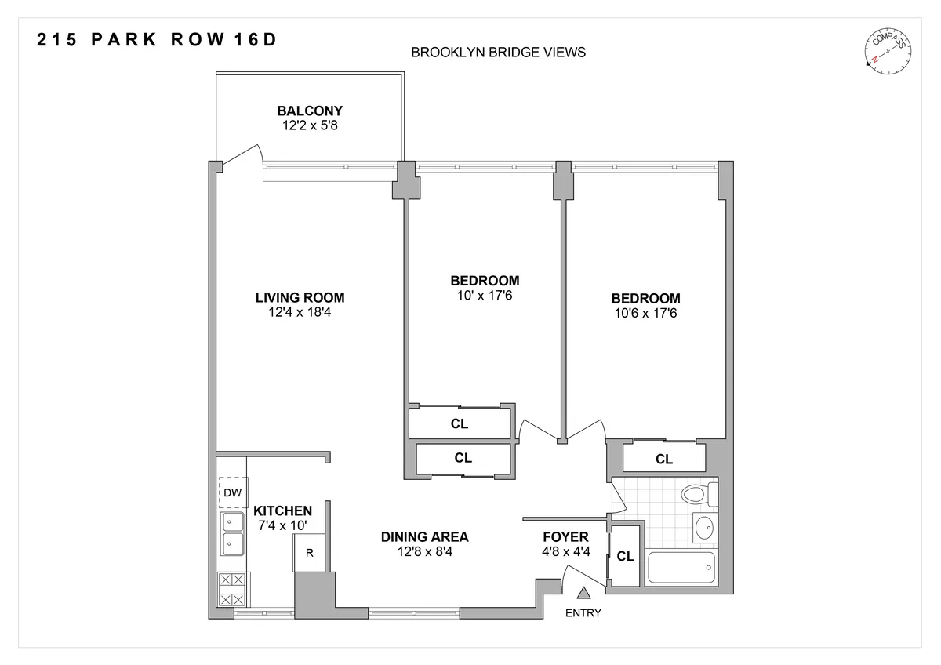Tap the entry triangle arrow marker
[x=583, y=595]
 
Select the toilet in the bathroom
[x=697, y=495]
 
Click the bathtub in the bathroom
[x=681, y=567]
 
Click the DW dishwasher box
[x=232, y=492]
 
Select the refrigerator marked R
[x=310, y=552]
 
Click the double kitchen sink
[x=232, y=532]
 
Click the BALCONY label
[x=309, y=111]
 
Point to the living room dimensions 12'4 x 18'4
[x=300, y=312]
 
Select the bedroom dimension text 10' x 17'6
[x=484, y=295]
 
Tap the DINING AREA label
[x=424, y=537]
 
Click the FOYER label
[x=565, y=537]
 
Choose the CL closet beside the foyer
[x=625, y=557]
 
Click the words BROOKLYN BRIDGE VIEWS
[x=499, y=53]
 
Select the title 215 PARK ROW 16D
[x=157, y=41]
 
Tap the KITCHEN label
[x=282, y=511]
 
